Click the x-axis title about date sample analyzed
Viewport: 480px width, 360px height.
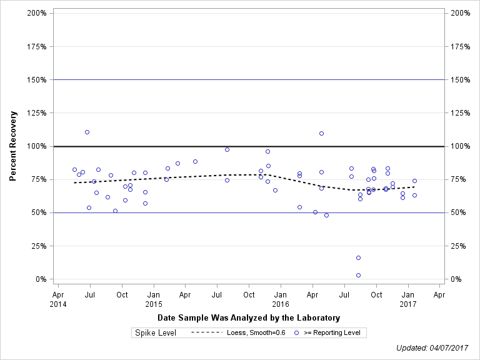(249, 318)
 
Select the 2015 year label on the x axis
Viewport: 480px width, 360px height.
(153, 304)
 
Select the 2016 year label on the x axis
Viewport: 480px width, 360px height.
(281, 304)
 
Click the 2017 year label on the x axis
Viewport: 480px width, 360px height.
(407, 304)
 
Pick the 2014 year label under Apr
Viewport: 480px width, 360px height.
(57, 304)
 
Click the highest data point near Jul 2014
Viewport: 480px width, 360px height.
(87, 132)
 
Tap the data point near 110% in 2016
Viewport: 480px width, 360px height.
(321, 133)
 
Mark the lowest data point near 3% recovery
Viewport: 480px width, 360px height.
(358, 275)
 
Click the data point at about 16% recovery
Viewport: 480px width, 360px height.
(358, 257)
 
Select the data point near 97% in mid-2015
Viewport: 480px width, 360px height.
(227, 149)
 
